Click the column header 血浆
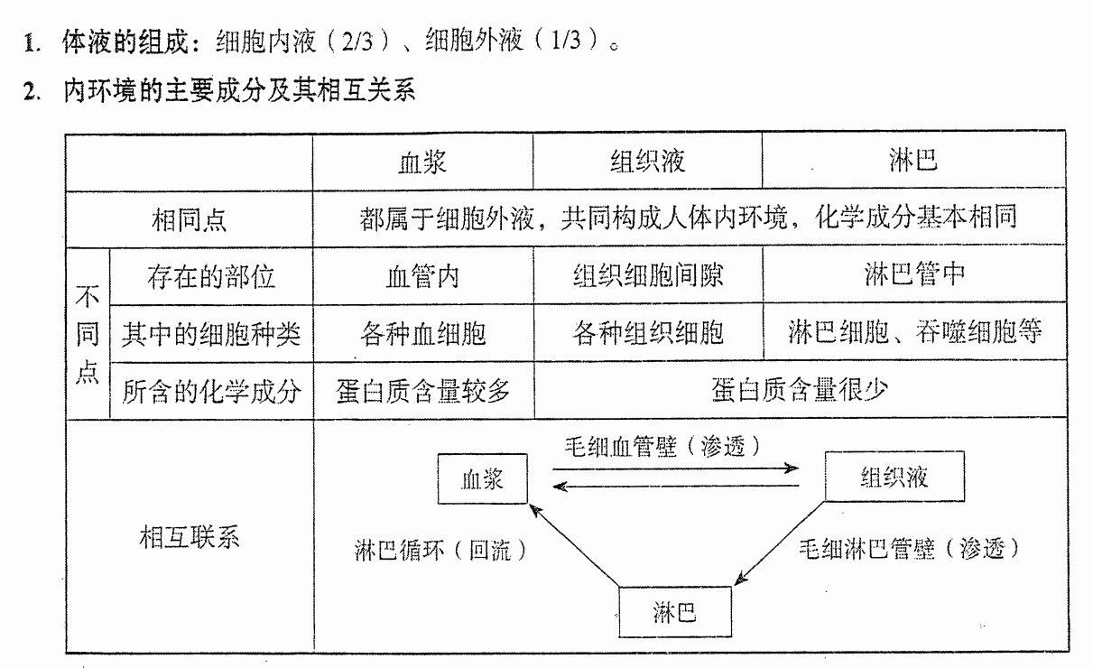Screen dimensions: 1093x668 coord(422,162)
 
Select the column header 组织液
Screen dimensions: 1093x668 coord(647,161)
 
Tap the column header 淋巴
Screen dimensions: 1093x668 coord(913,160)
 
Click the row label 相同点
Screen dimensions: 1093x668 coord(189,219)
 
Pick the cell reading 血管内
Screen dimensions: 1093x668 coord(422,276)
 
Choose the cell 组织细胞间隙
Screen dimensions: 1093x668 coord(648,274)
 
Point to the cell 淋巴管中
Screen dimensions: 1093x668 coord(914,274)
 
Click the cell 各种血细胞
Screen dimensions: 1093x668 coord(423,334)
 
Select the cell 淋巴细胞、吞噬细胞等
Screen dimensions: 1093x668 coord(915,331)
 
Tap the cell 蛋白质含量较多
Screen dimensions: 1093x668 coord(422,391)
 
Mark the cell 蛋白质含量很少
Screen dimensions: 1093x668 coord(800,389)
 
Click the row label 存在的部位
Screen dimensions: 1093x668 coord(211,276)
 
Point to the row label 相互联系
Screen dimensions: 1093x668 coord(190,537)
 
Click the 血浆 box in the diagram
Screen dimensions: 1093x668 coord(483,478)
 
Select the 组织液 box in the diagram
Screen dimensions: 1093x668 coord(894,477)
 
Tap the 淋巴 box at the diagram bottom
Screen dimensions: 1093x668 coord(675,612)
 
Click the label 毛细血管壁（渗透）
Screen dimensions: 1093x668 coord(662,446)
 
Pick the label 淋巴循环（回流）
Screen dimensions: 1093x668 coord(440,550)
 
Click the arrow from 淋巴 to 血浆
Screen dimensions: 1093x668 coord(575,546)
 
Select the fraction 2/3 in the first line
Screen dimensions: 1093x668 coord(357,42)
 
